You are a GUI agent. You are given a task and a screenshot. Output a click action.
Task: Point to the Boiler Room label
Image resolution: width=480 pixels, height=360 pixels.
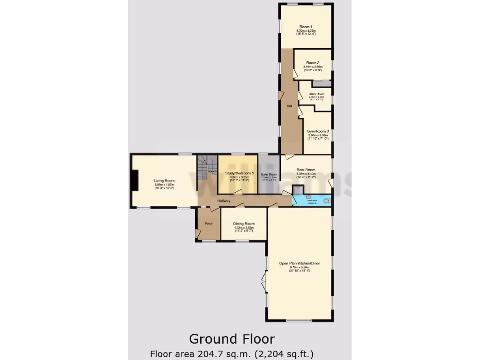(x=269, y=174)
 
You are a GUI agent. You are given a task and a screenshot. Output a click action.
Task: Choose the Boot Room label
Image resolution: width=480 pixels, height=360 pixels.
(x=306, y=170)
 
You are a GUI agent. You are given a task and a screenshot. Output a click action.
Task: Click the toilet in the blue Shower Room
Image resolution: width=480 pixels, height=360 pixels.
(x=327, y=201)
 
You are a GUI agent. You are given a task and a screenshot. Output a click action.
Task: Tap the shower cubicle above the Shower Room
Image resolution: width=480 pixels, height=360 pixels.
(x=298, y=189)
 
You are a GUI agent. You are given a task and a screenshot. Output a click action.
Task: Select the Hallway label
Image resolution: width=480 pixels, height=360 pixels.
(x=224, y=201)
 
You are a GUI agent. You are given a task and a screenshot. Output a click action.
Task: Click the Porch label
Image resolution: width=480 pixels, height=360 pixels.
(x=209, y=224)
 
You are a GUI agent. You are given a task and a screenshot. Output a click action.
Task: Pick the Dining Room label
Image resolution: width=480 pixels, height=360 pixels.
(x=244, y=224)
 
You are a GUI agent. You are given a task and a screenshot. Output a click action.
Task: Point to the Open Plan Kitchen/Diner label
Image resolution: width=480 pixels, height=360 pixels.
(x=299, y=263)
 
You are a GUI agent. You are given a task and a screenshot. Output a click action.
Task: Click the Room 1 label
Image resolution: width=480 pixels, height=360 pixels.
(x=306, y=27)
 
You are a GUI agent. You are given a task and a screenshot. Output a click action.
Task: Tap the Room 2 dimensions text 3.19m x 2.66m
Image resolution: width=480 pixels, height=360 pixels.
(x=313, y=67)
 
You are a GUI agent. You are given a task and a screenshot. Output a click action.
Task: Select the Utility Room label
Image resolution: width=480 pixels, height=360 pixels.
(x=316, y=94)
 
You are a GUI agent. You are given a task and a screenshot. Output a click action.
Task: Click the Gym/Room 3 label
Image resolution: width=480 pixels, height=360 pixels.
(x=318, y=131)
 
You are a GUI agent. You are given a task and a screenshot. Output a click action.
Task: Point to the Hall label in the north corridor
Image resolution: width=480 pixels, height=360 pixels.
(x=290, y=105)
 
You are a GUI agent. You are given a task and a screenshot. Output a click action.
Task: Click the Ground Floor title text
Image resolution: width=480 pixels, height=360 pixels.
(x=232, y=338)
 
